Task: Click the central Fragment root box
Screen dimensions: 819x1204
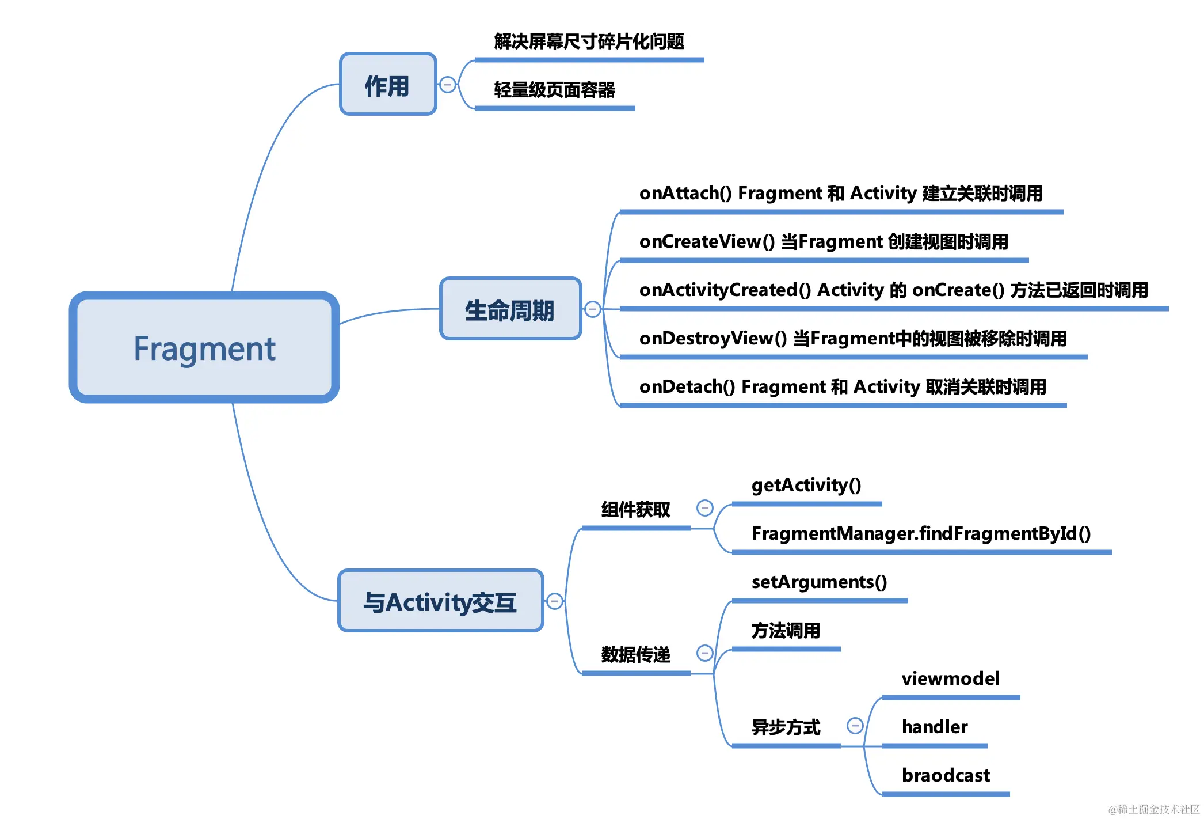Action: click(204, 347)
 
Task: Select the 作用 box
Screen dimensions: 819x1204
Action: click(388, 85)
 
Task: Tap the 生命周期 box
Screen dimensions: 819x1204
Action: click(510, 309)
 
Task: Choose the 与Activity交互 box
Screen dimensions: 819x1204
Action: click(440, 601)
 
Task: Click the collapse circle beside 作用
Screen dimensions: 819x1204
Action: click(447, 85)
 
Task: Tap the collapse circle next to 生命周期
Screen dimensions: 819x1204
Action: click(592, 309)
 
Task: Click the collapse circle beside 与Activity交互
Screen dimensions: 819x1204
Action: click(554, 601)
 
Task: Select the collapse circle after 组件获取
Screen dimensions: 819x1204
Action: click(705, 507)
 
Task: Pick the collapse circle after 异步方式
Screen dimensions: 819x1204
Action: click(855, 725)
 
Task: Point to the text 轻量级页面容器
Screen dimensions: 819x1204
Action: click(554, 90)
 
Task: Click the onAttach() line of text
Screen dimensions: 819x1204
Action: click(840, 193)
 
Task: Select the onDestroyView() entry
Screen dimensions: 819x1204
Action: click(852, 338)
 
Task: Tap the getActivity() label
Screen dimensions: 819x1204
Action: click(806, 485)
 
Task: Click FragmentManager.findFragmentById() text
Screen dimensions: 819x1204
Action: click(921, 533)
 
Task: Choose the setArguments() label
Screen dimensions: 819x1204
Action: click(819, 582)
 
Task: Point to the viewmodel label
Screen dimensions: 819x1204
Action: click(950, 678)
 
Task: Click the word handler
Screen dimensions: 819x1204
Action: click(935, 727)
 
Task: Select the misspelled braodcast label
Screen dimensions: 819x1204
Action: click(946, 775)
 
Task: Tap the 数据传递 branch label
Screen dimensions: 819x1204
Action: click(635, 654)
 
